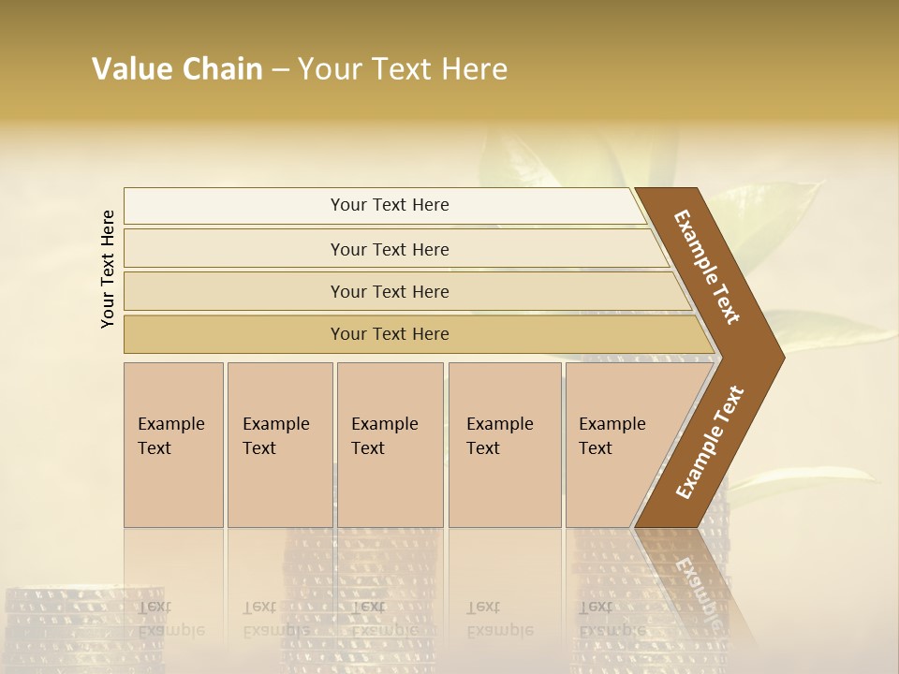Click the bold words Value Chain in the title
(x=177, y=69)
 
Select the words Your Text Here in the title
(x=403, y=69)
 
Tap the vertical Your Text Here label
(x=108, y=269)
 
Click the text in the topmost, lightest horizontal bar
(x=390, y=205)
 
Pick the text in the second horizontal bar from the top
(x=390, y=249)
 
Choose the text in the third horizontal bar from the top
(x=390, y=291)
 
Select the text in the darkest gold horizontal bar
(x=390, y=333)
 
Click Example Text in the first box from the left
(x=170, y=435)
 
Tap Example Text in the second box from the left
(x=275, y=435)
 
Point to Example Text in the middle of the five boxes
(x=384, y=435)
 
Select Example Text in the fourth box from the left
(x=499, y=435)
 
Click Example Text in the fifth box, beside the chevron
(x=612, y=435)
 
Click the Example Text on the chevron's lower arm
(x=709, y=443)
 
